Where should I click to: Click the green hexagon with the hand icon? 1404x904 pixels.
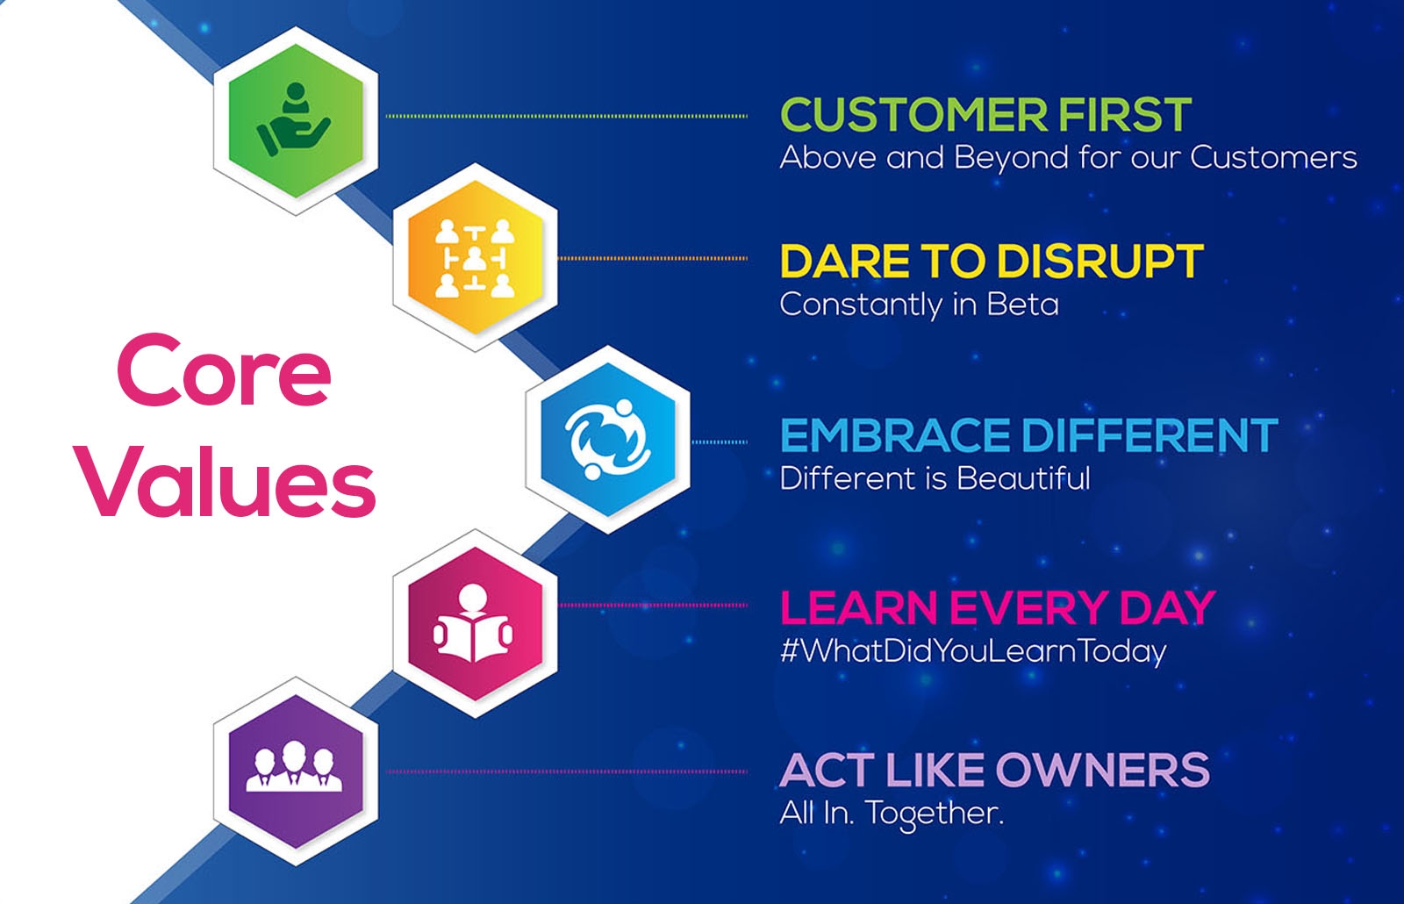296,120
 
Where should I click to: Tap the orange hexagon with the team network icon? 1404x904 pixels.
475,258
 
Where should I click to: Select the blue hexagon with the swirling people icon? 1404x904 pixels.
608,440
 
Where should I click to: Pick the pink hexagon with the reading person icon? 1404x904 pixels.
475,623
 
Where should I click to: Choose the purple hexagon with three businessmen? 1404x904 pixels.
296,771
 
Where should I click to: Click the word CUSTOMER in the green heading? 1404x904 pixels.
913,115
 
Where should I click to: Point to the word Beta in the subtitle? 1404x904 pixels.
1023,305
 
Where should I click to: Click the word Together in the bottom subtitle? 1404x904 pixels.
935,814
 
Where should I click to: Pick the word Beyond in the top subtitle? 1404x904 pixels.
1011,158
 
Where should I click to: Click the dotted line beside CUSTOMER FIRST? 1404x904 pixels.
567,116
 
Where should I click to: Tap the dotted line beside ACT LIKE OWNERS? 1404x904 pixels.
567,771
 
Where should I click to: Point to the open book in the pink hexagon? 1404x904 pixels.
473,638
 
